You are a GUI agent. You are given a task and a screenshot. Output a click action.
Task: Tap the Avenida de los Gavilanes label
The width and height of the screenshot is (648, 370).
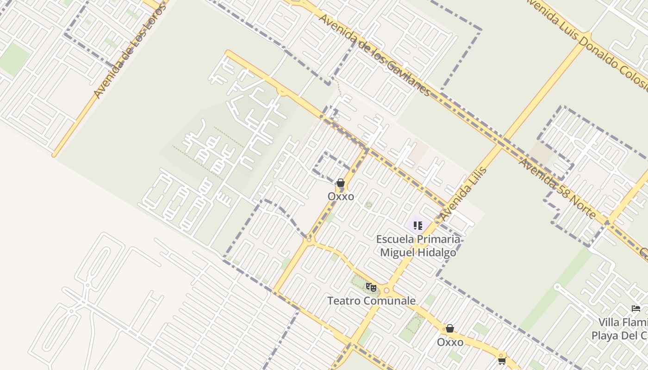pyautogui.click(x=374, y=55)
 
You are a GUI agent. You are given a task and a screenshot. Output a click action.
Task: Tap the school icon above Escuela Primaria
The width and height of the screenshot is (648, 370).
pyautogui.click(x=418, y=226)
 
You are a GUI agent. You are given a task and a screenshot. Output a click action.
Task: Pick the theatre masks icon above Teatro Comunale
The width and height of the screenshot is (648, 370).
pyautogui.click(x=371, y=287)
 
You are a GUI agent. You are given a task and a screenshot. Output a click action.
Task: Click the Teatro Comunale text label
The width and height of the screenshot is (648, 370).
pyautogui.click(x=371, y=301)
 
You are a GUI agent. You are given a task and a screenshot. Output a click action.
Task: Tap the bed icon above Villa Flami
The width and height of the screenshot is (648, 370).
pyautogui.click(x=636, y=308)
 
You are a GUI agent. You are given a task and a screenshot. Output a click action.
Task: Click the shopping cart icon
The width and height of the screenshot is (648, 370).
pyautogui.click(x=502, y=360)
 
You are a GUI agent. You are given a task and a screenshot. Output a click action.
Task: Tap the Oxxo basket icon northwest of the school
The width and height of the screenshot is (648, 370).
pyautogui.click(x=341, y=183)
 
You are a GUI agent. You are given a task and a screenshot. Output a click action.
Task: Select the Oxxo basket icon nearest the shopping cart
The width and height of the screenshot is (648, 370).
pyautogui.click(x=449, y=328)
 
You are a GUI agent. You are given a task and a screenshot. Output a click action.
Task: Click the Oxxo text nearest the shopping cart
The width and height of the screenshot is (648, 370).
pyautogui.click(x=450, y=342)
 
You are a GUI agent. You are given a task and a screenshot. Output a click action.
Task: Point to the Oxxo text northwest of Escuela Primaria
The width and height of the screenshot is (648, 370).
pyautogui.click(x=341, y=197)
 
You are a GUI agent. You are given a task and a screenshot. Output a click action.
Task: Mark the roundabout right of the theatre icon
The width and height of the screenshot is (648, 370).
pyautogui.click(x=386, y=290)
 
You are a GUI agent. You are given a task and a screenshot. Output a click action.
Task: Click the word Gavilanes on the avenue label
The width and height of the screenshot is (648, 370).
pyautogui.click(x=407, y=75)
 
